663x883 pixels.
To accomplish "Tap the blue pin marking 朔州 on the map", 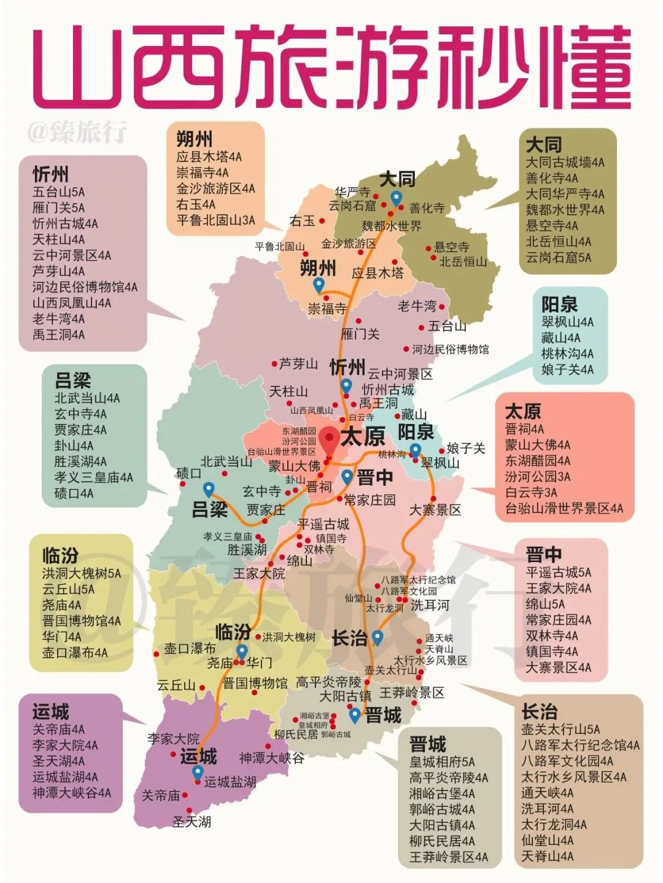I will tap(319, 285).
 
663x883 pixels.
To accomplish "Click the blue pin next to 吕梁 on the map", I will tap(209, 489).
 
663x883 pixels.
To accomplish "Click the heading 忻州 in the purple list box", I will tap(50, 174).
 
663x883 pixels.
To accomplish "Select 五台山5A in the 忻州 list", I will tap(59, 192).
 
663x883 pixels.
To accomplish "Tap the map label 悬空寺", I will tap(452, 247).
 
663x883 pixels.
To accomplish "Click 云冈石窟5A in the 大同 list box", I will tap(559, 258).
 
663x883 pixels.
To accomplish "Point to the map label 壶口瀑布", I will tap(190, 648).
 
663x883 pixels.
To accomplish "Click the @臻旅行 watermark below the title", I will tap(76, 131).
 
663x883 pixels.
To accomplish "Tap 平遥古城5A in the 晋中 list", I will tap(559, 573).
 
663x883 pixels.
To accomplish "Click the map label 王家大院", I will tap(259, 574).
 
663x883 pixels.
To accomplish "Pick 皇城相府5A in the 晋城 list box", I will tap(442, 762).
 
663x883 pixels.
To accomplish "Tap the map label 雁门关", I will tap(360, 334).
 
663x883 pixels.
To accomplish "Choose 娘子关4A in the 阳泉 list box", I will tap(567, 369).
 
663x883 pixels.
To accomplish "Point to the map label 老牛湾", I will tap(417, 306).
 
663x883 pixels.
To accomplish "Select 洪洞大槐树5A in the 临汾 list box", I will tap(82, 574).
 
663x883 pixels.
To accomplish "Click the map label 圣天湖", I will tap(192, 821).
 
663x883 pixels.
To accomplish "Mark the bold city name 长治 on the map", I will tap(349, 638).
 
